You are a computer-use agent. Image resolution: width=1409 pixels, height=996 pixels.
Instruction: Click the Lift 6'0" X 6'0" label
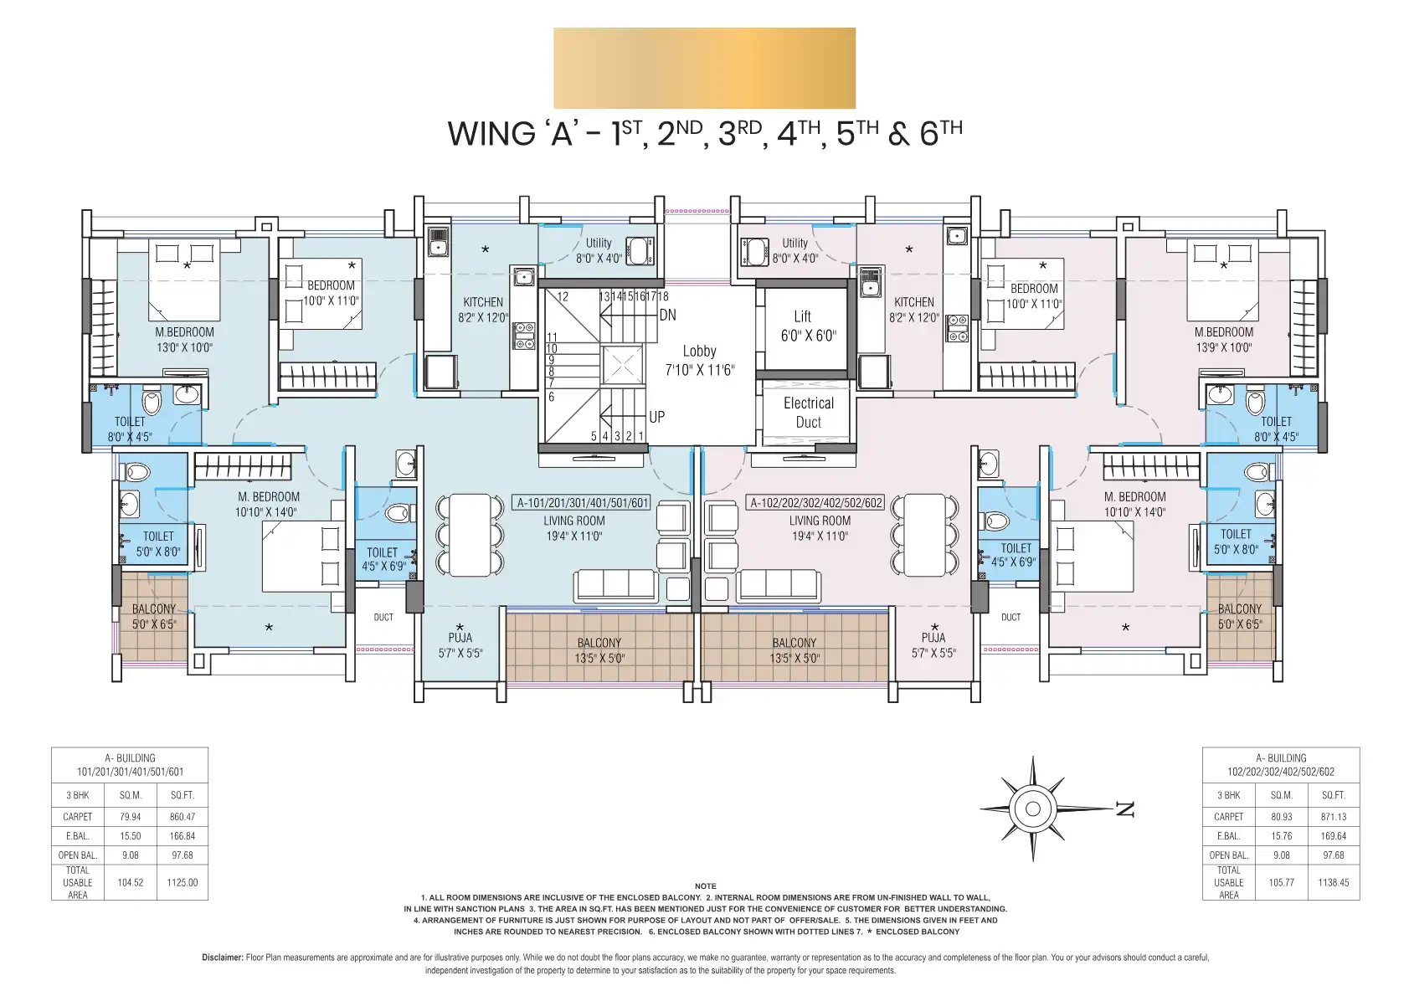point(808,326)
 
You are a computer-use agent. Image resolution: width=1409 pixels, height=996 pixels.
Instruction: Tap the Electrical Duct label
point(808,413)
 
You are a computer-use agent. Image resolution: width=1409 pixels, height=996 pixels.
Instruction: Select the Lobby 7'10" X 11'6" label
point(699,360)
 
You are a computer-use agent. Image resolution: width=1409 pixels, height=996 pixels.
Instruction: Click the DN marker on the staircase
point(667,315)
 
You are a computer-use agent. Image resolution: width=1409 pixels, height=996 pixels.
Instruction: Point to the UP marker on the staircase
point(656,417)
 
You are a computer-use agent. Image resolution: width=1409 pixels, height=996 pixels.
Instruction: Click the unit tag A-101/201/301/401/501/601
point(582,503)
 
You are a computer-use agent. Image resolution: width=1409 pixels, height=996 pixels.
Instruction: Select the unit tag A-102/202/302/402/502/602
point(815,503)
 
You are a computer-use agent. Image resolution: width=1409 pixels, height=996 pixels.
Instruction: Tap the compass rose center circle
point(1032,809)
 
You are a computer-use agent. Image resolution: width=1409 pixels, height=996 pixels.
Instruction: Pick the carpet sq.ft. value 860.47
point(182,817)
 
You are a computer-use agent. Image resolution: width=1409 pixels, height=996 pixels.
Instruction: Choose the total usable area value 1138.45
point(1333,883)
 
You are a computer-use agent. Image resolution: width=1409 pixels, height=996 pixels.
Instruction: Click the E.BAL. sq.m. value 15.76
point(1281,836)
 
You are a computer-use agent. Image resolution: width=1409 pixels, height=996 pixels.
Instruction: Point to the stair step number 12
point(563,296)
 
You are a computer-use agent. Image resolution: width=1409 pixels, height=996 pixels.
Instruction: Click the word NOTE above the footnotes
point(705,886)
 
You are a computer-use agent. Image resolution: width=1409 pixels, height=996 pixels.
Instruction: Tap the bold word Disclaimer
point(222,957)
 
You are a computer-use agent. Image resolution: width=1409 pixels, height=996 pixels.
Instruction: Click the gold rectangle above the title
point(705,68)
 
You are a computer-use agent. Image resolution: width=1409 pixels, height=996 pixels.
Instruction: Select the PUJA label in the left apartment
point(460,638)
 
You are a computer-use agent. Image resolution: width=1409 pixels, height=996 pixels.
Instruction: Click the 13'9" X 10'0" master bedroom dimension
point(1223,347)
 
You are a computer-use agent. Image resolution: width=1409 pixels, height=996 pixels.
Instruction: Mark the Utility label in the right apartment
point(795,243)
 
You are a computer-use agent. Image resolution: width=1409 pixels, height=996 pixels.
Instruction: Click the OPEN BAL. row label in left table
point(77,855)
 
